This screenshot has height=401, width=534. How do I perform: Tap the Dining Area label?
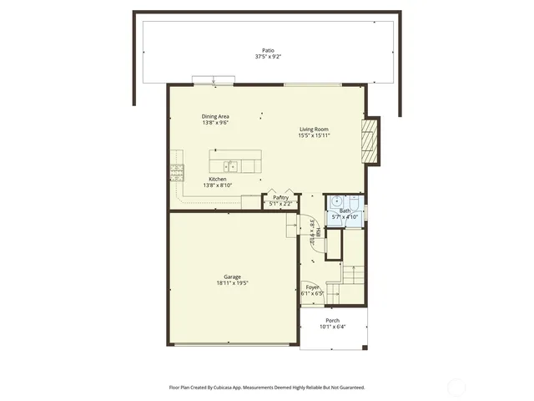[x=215, y=116]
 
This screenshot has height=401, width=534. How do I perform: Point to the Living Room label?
[x=315, y=129]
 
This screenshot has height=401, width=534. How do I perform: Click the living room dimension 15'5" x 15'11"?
[x=315, y=135]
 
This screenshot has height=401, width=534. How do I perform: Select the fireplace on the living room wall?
[x=370, y=140]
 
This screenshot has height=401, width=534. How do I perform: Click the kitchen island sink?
[x=229, y=165]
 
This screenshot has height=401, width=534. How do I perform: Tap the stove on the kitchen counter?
[x=177, y=172]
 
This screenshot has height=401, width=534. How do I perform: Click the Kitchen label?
[x=217, y=179]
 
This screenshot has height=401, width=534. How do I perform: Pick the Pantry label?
[x=280, y=197]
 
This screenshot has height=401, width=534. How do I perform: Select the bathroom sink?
[x=336, y=201]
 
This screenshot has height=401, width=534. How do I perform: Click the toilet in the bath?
[x=354, y=203]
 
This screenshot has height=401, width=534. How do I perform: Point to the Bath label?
[x=345, y=211]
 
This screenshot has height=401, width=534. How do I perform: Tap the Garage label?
[x=232, y=277]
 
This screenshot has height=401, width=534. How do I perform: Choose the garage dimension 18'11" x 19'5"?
[x=232, y=283]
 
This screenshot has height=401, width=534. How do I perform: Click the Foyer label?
[x=312, y=287]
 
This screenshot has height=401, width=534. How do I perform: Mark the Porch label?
[x=332, y=320]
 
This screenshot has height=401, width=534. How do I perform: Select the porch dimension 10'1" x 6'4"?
[x=332, y=327]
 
